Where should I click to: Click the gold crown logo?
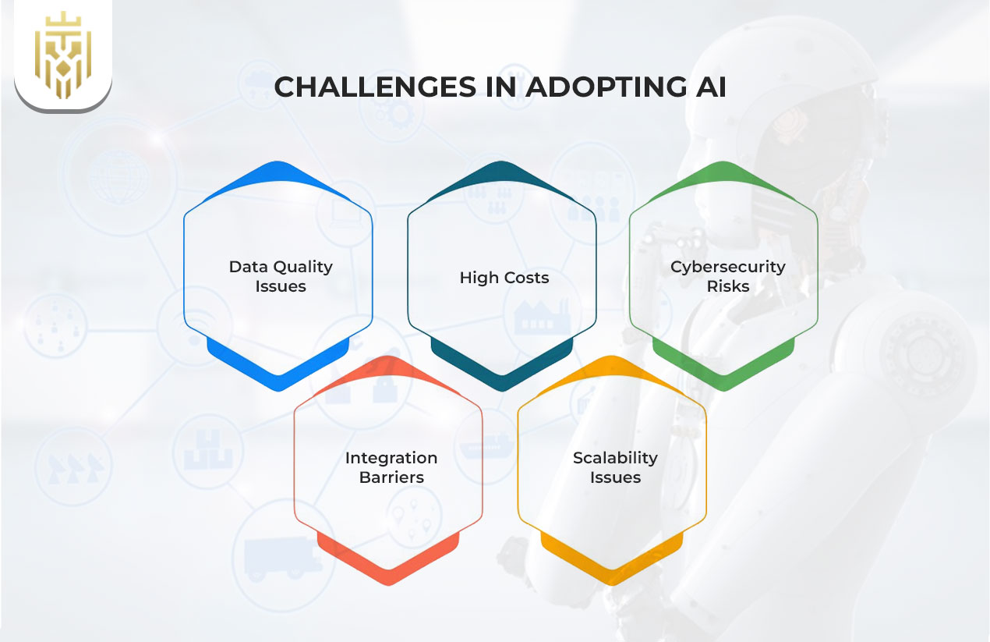[63, 55]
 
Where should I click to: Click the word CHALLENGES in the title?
[375, 87]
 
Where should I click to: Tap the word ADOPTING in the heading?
[606, 87]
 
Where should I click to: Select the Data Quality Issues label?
[281, 276]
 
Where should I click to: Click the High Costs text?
[504, 278]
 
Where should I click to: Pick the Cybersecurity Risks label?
[728, 276]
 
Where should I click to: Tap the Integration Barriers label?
[391, 467]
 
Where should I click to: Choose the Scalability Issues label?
[615, 467]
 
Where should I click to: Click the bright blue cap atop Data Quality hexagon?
[278, 174]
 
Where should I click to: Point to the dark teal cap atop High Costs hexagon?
[501, 174]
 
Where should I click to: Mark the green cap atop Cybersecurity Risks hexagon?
[723, 174]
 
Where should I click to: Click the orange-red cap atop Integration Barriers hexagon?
[388, 369]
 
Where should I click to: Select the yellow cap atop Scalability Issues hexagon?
[612, 369]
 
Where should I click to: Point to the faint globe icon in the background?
[118, 177]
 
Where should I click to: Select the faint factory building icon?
[542, 317]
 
